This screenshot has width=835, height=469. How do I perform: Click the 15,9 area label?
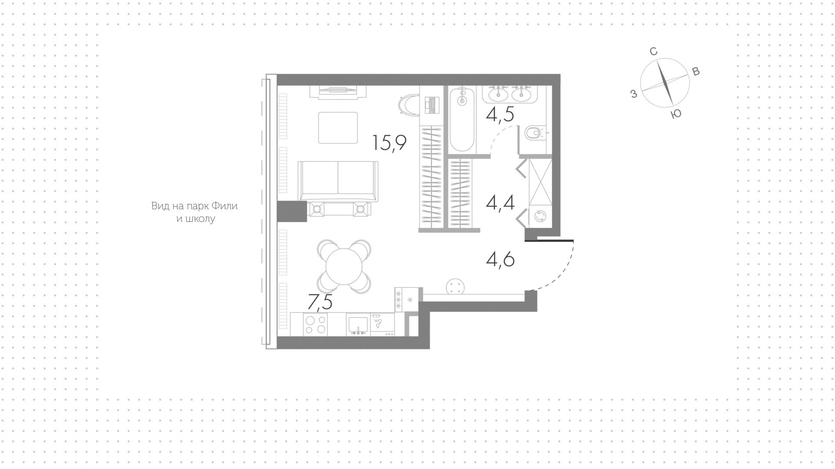(390, 143)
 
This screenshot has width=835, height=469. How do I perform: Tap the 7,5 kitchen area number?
(320, 301)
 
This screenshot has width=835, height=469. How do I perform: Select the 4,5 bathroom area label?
(501, 114)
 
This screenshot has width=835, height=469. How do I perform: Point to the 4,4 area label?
(501, 202)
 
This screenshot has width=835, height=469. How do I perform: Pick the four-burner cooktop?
(315, 325)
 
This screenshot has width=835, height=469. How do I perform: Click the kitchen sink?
(358, 325)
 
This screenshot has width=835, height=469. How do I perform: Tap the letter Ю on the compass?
(676, 114)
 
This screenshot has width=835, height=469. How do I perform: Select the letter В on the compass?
(696, 72)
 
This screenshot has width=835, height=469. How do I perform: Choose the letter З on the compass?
(634, 94)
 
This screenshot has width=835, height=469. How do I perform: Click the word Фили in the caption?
(226, 206)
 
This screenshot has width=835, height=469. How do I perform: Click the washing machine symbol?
(541, 216)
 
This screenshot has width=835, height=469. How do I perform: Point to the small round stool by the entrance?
(455, 286)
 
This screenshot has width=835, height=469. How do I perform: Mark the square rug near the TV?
(338, 128)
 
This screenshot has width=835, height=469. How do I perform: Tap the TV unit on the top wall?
(338, 91)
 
